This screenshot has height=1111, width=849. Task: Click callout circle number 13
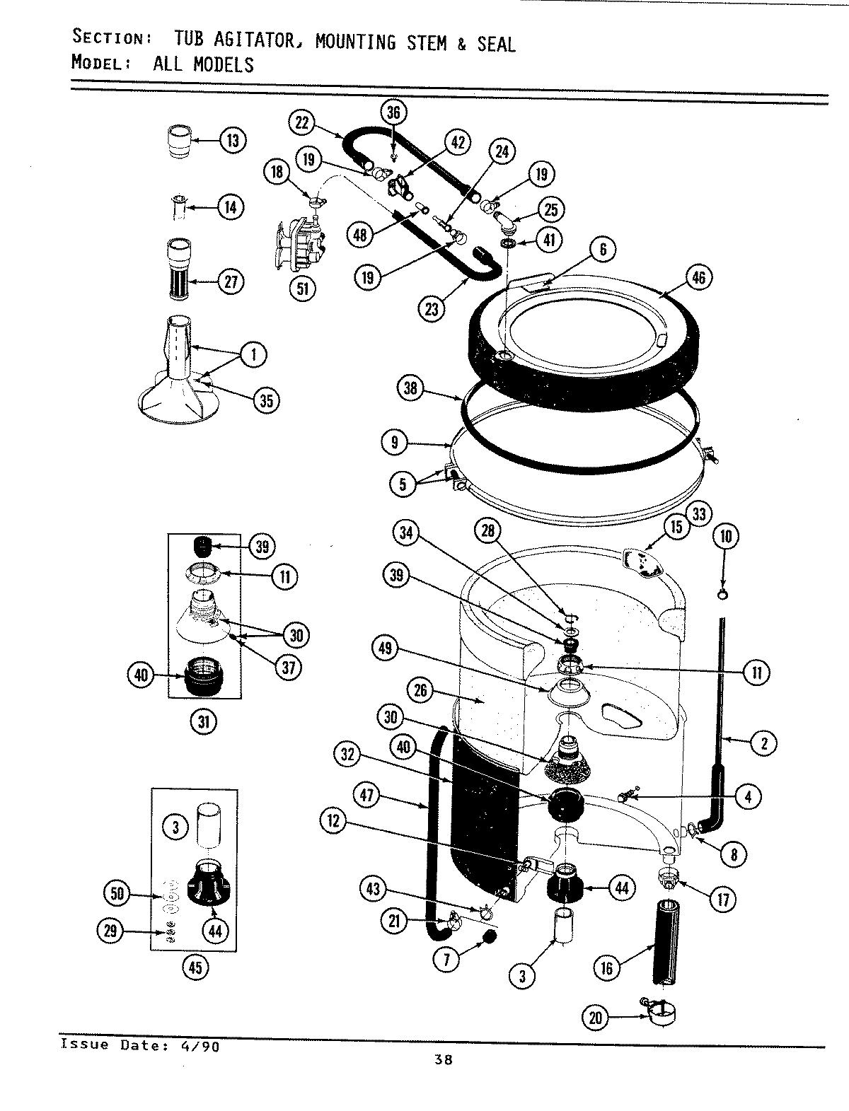(232, 140)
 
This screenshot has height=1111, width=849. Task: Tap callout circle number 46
(698, 278)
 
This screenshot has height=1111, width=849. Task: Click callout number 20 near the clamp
(595, 1018)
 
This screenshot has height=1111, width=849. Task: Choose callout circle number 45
(195, 967)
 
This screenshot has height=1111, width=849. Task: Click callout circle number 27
(231, 281)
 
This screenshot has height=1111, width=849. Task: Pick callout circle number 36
(393, 112)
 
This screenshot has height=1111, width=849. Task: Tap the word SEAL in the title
(496, 44)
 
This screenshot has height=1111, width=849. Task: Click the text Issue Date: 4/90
(139, 1045)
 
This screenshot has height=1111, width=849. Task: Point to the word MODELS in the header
(204, 64)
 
